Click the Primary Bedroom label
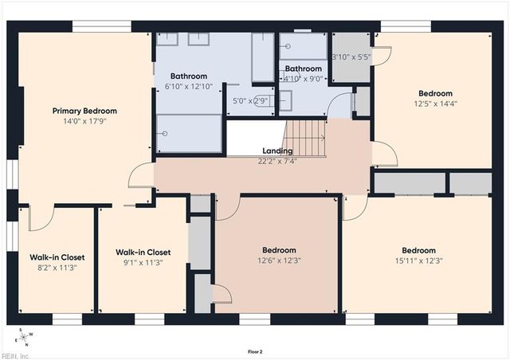click(x=84, y=111)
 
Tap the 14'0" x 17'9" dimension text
click(x=85, y=122)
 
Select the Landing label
click(x=277, y=151)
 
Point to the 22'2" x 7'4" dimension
click(x=277, y=161)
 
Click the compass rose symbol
click(x=24, y=337)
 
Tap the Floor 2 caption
click(x=255, y=351)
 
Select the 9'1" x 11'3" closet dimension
click(x=143, y=263)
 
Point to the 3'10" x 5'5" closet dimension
click(x=351, y=57)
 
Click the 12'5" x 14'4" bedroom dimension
click(x=436, y=104)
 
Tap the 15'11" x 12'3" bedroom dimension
click(x=419, y=260)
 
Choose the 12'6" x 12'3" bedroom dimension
click(x=279, y=260)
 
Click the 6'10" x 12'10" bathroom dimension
click(x=189, y=87)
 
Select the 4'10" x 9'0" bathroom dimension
click(x=303, y=79)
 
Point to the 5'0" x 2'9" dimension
click(x=250, y=101)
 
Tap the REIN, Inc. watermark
click(x=15, y=356)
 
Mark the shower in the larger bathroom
click(x=189, y=134)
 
